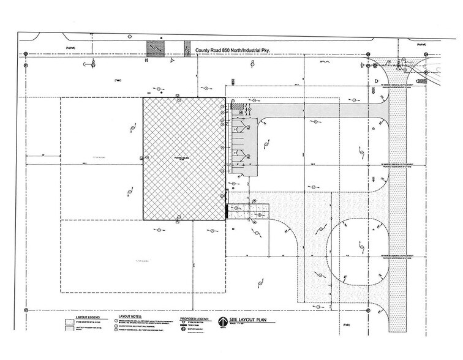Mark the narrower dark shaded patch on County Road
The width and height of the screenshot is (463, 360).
click(186, 48)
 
